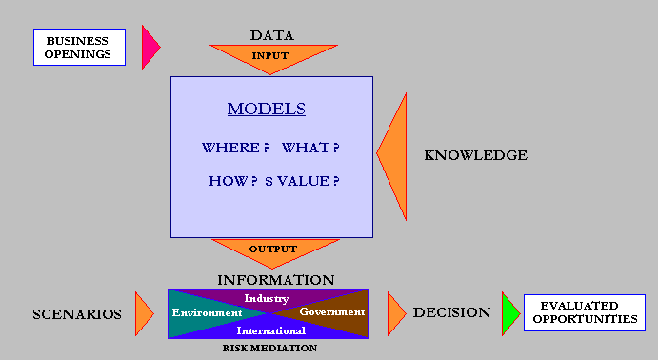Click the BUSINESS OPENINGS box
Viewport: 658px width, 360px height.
pyautogui.click(x=79, y=47)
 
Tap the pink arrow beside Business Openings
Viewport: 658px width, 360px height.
pyautogui.click(x=150, y=47)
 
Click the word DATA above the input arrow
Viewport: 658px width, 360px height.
pyautogui.click(x=272, y=35)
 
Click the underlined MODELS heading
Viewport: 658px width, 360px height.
pyautogui.click(x=267, y=109)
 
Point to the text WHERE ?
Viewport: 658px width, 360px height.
pyautogui.click(x=235, y=148)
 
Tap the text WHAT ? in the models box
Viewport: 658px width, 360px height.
pyautogui.click(x=310, y=148)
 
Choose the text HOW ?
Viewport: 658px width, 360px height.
pyautogui.click(x=233, y=181)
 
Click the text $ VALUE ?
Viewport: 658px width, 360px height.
pyautogui.click(x=302, y=181)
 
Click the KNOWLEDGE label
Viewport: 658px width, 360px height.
pyautogui.click(x=475, y=155)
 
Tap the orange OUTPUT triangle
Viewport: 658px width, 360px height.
pyautogui.click(x=275, y=250)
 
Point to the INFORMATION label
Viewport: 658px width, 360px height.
pyautogui.click(x=276, y=280)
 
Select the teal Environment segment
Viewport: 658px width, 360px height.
pyautogui.click(x=202, y=313)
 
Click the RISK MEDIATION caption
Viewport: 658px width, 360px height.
pyautogui.click(x=269, y=348)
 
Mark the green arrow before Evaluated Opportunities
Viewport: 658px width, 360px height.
pyautogui.click(x=509, y=314)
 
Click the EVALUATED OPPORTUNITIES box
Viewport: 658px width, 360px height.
pyautogui.click(x=585, y=312)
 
